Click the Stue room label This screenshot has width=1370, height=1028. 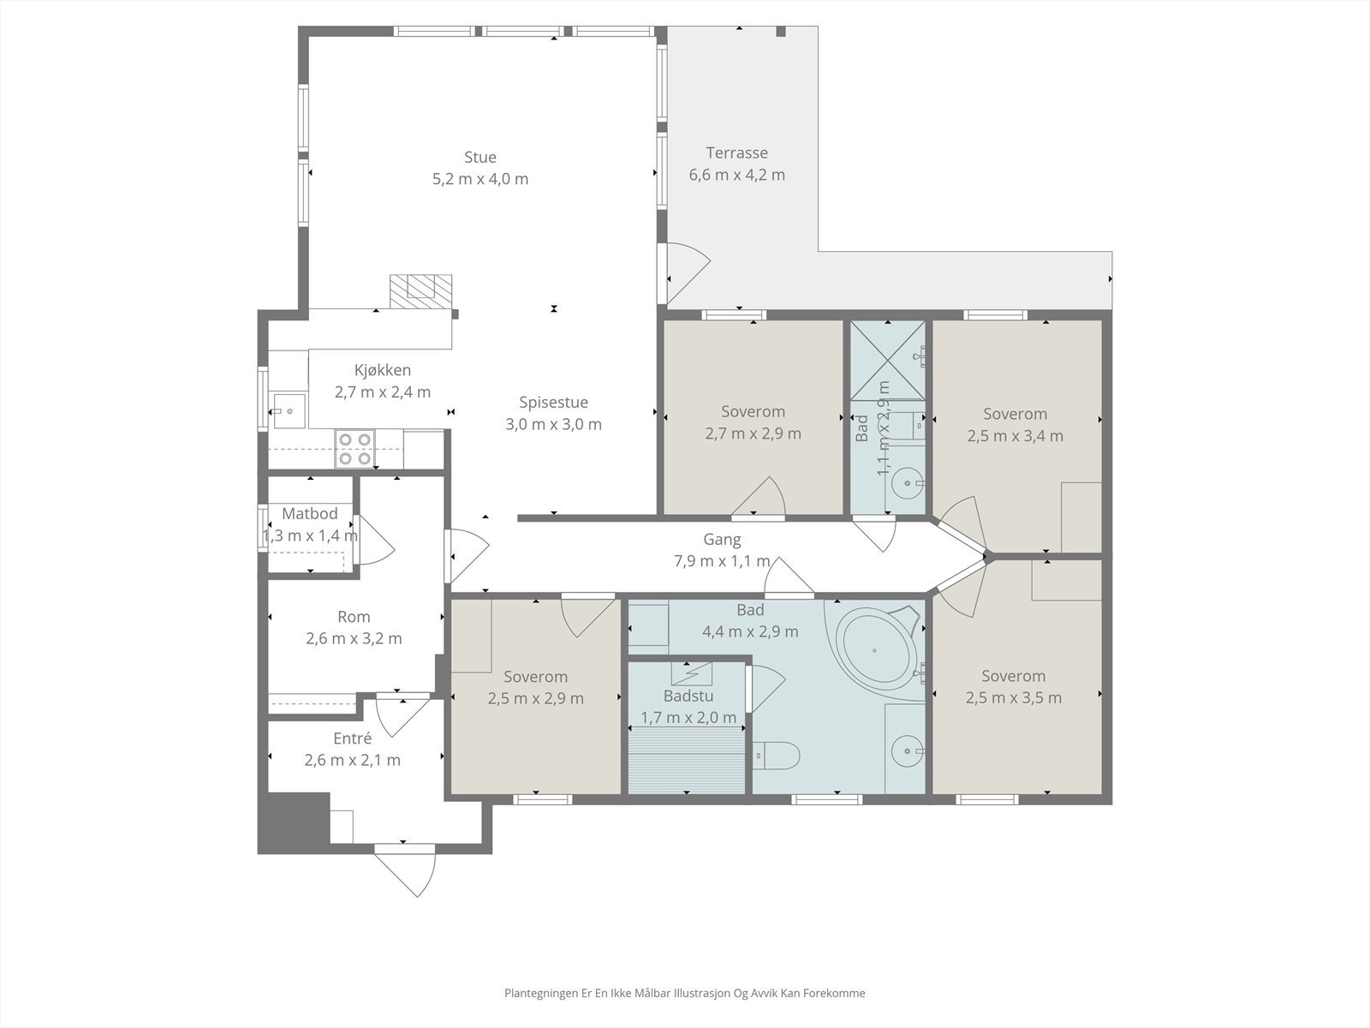pyautogui.click(x=480, y=158)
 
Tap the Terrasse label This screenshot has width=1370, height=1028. pyautogui.click(x=736, y=153)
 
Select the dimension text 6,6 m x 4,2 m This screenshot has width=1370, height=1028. pyautogui.click(x=736, y=176)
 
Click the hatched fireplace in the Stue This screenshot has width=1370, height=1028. pyautogui.click(x=420, y=291)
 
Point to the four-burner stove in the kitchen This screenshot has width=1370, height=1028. pyautogui.click(x=355, y=449)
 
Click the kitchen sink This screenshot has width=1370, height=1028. pyautogui.click(x=289, y=410)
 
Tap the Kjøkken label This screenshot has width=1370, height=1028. pyautogui.click(x=383, y=370)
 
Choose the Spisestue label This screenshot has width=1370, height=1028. pyautogui.click(x=554, y=403)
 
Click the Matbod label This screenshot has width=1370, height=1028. pyautogui.click(x=310, y=514)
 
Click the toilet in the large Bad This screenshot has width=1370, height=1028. pyautogui.click(x=776, y=756)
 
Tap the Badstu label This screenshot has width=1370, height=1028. pyautogui.click(x=688, y=696)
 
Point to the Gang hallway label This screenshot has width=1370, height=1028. pyautogui.click(x=722, y=540)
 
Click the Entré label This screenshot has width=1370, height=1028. pyautogui.click(x=353, y=738)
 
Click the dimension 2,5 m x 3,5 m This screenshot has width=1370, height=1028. pyautogui.click(x=1014, y=698)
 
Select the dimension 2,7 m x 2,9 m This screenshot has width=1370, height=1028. pyautogui.click(x=753, y=433)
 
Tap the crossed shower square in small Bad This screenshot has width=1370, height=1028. pyautogui.click(x=888, y=360)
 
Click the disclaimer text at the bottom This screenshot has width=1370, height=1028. pyautogui.click(x=685, y=993)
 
